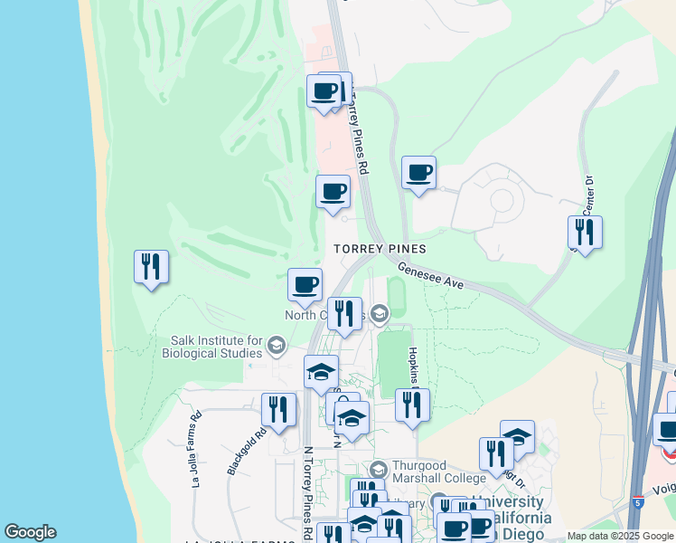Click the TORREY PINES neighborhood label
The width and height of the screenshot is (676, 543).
pos(379,248)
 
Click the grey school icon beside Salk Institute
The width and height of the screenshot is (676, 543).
pos(277,346)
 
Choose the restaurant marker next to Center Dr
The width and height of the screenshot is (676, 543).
pos(585,233)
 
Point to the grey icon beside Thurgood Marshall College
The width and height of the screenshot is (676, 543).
pos(379,470)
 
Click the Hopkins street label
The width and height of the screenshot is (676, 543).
pos(413,364)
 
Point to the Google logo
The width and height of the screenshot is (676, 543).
pos(29,532)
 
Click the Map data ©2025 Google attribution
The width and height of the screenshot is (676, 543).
pos(620,536)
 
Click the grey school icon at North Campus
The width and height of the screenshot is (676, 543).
pos(380,315)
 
